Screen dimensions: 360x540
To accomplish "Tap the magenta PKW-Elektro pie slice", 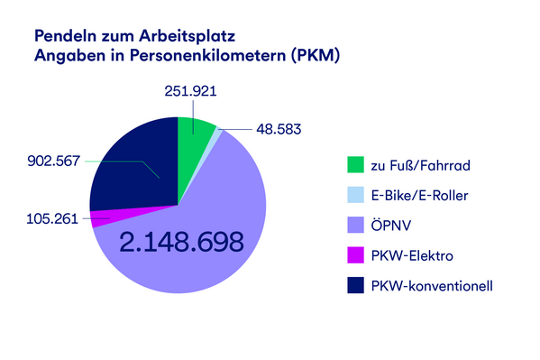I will [105, 217].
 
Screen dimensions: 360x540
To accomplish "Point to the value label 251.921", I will [190, 91].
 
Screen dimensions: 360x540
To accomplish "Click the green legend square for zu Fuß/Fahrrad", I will [354, 165].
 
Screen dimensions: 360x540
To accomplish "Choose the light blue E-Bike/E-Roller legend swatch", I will [354, 196].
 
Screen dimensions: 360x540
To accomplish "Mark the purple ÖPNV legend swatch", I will [354, 226].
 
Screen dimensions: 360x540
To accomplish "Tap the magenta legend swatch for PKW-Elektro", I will [354, 256].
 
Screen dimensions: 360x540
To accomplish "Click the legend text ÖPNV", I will [389, 226].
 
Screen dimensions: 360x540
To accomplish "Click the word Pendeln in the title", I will [64, 37].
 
